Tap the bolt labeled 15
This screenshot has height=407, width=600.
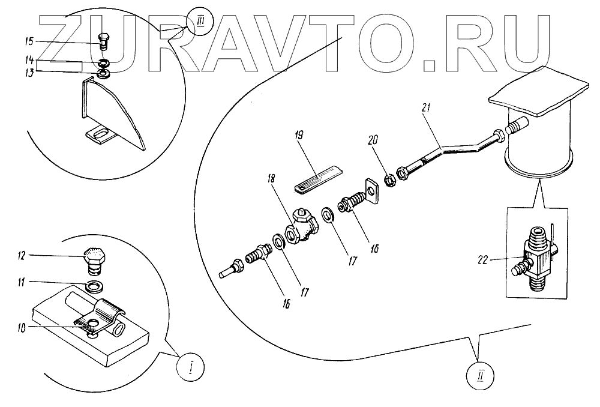point(103,41)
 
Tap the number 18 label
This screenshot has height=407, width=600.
point(271,178)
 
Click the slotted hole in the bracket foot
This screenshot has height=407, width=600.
point(100,132)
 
